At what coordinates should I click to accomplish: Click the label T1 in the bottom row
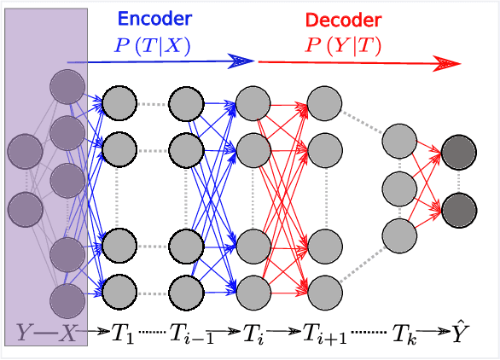[123, 334]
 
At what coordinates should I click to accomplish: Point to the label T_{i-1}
[191, 334]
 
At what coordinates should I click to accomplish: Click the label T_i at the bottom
[253, 334]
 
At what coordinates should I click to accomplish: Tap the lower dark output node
[459, 207]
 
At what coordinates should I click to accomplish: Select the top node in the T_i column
[253, 105]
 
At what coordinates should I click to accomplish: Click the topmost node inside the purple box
[67, 87]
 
